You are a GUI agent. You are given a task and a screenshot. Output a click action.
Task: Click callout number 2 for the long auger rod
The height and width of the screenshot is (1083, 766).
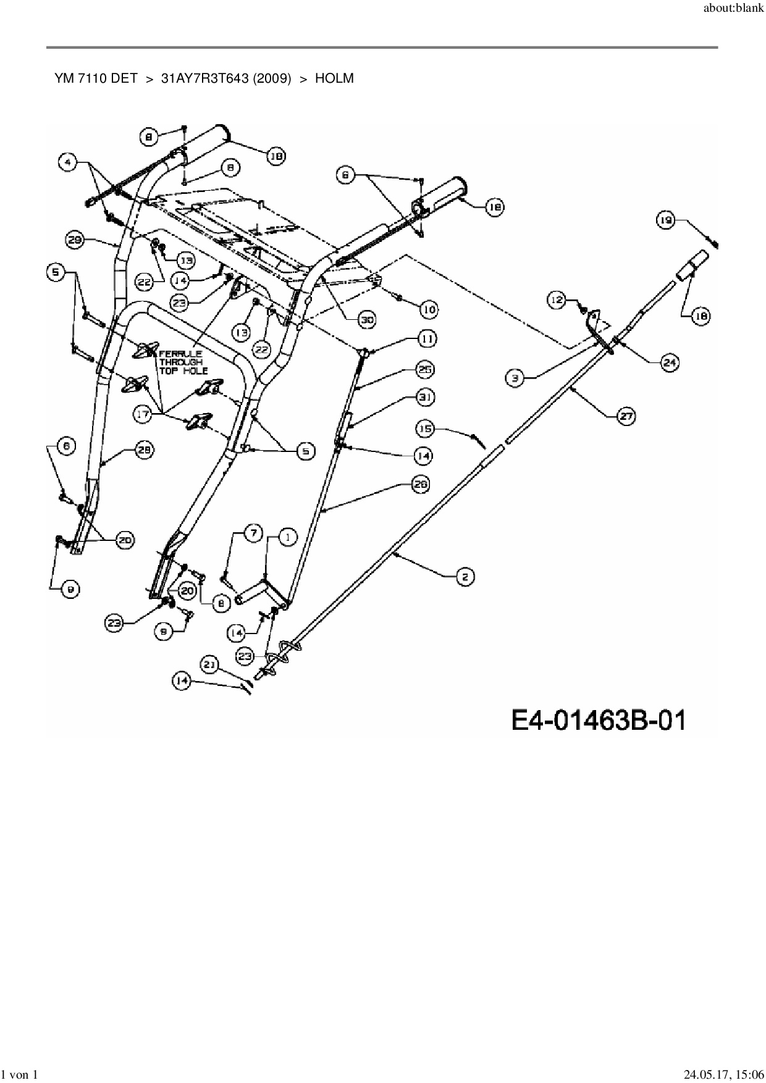(465, 577)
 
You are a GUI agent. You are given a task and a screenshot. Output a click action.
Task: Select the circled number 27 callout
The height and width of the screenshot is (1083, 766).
(626, 416)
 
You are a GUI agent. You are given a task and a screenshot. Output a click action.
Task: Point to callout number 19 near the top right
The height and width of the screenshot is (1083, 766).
(665, 220)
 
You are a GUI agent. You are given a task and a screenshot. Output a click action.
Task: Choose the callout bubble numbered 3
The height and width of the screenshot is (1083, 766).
(515, 377)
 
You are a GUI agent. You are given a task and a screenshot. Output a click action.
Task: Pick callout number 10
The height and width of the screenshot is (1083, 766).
(428, 308)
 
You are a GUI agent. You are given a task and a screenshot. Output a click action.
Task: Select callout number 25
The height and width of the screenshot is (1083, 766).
(425, 370)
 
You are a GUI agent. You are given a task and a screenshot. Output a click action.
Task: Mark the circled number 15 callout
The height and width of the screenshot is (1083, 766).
(424, 428)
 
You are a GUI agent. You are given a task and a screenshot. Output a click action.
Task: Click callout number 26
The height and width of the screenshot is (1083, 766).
(420, 485)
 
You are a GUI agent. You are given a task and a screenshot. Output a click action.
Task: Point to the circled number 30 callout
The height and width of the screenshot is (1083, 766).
(368, 319)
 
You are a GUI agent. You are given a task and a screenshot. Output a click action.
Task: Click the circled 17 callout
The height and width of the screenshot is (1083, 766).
(143, 414)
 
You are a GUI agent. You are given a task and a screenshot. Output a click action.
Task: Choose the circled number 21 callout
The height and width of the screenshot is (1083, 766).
(210, 664)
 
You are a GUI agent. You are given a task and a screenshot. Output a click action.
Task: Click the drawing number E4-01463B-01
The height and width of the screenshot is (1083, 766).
(599, 720)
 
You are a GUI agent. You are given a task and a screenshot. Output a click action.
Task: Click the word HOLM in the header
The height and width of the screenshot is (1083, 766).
(334, 78)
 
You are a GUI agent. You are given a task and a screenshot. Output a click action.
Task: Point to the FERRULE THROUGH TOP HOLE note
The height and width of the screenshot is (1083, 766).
(181, 362)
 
